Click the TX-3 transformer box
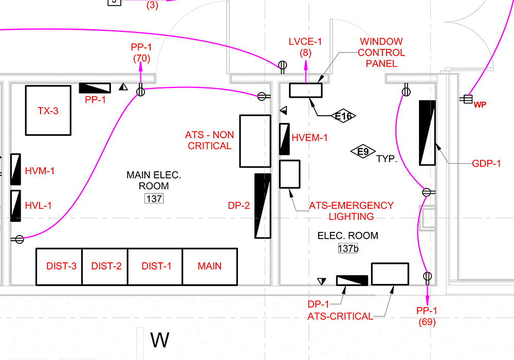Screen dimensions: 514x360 pos(48,110)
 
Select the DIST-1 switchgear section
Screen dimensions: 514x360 pos(155,266)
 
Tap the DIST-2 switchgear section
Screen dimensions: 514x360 pos(104,266)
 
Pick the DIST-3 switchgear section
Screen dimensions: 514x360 pos(59,266)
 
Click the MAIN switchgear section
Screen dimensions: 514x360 pos(210,266)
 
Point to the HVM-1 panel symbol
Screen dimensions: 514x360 pos(15,169)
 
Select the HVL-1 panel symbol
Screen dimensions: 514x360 pos(15,206)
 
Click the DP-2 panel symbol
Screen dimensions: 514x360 pos(263,206)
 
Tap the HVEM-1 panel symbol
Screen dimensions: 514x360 pos(284,139)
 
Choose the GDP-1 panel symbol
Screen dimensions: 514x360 pos(428,133)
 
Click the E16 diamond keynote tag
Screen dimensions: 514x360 pos(343,116)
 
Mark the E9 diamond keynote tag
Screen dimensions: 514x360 pos(363,152)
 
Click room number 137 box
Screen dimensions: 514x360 pos(154,199)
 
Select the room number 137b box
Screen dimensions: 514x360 pos(348,248)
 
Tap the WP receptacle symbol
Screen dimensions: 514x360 pos(467,99)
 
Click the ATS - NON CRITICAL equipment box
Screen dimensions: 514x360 pos(255,141)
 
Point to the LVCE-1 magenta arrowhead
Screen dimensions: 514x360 pos(305,65)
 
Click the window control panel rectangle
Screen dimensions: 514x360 pos(306,90)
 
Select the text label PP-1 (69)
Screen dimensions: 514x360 pos(427,316)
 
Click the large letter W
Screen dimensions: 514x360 pos(160,340)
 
